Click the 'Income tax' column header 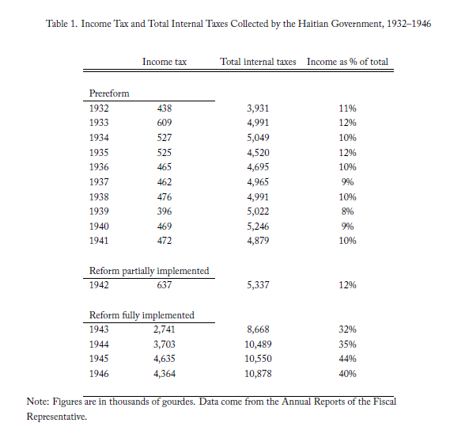[x=165, y=62]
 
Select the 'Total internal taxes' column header [x=258, y=62]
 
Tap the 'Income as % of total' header [x=347, y=62]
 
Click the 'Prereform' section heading [x=109, y=93]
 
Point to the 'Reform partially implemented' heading [x=149, y=271]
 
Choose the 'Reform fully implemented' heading [x=142, y=315]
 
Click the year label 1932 [x=99, y=109]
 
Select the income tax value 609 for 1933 [x=165, y=123]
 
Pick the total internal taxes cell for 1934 [x=258, y=138]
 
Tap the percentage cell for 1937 [x=347, y=182]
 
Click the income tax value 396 [x=165, y=211]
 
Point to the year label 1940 [x=99, y=227]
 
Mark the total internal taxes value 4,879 [x=258, y=241]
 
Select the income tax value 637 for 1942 [x=165, y=285]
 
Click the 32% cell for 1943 [x=347, y=329]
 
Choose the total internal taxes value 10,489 [x=258, y=345]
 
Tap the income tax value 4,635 [x=165, y=359]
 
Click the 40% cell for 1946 [x=347, y=374]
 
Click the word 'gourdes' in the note [x=178, y=402]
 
